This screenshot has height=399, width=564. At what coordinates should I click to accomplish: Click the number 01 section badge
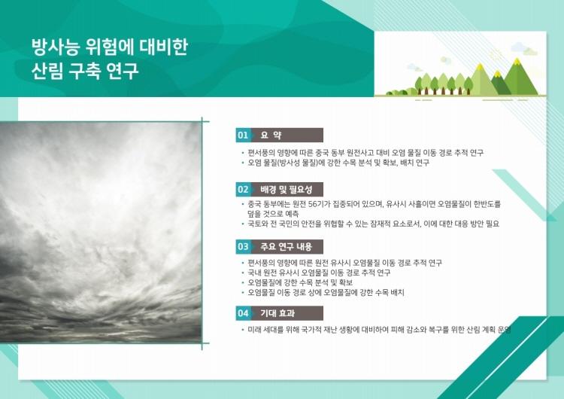click(243, 136)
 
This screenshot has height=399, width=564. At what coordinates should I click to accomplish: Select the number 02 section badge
click(243, 190)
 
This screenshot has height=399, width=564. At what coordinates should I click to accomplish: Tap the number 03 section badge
click(243, 247)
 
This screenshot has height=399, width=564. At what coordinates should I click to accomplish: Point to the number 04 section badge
click(243, 313)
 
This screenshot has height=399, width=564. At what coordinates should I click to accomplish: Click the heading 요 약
click(271, 136)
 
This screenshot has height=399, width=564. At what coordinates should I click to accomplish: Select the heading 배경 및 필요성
click(286, 190)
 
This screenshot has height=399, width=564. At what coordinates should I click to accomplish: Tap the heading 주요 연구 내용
click(286, 247)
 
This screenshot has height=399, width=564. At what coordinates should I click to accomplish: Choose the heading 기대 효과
click(277, 313)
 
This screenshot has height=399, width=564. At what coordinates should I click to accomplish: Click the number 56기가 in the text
click(317, 205)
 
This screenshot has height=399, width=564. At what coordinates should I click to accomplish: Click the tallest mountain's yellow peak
click(517, 62)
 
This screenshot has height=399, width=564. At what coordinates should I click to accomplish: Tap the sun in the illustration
click(496, 54)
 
